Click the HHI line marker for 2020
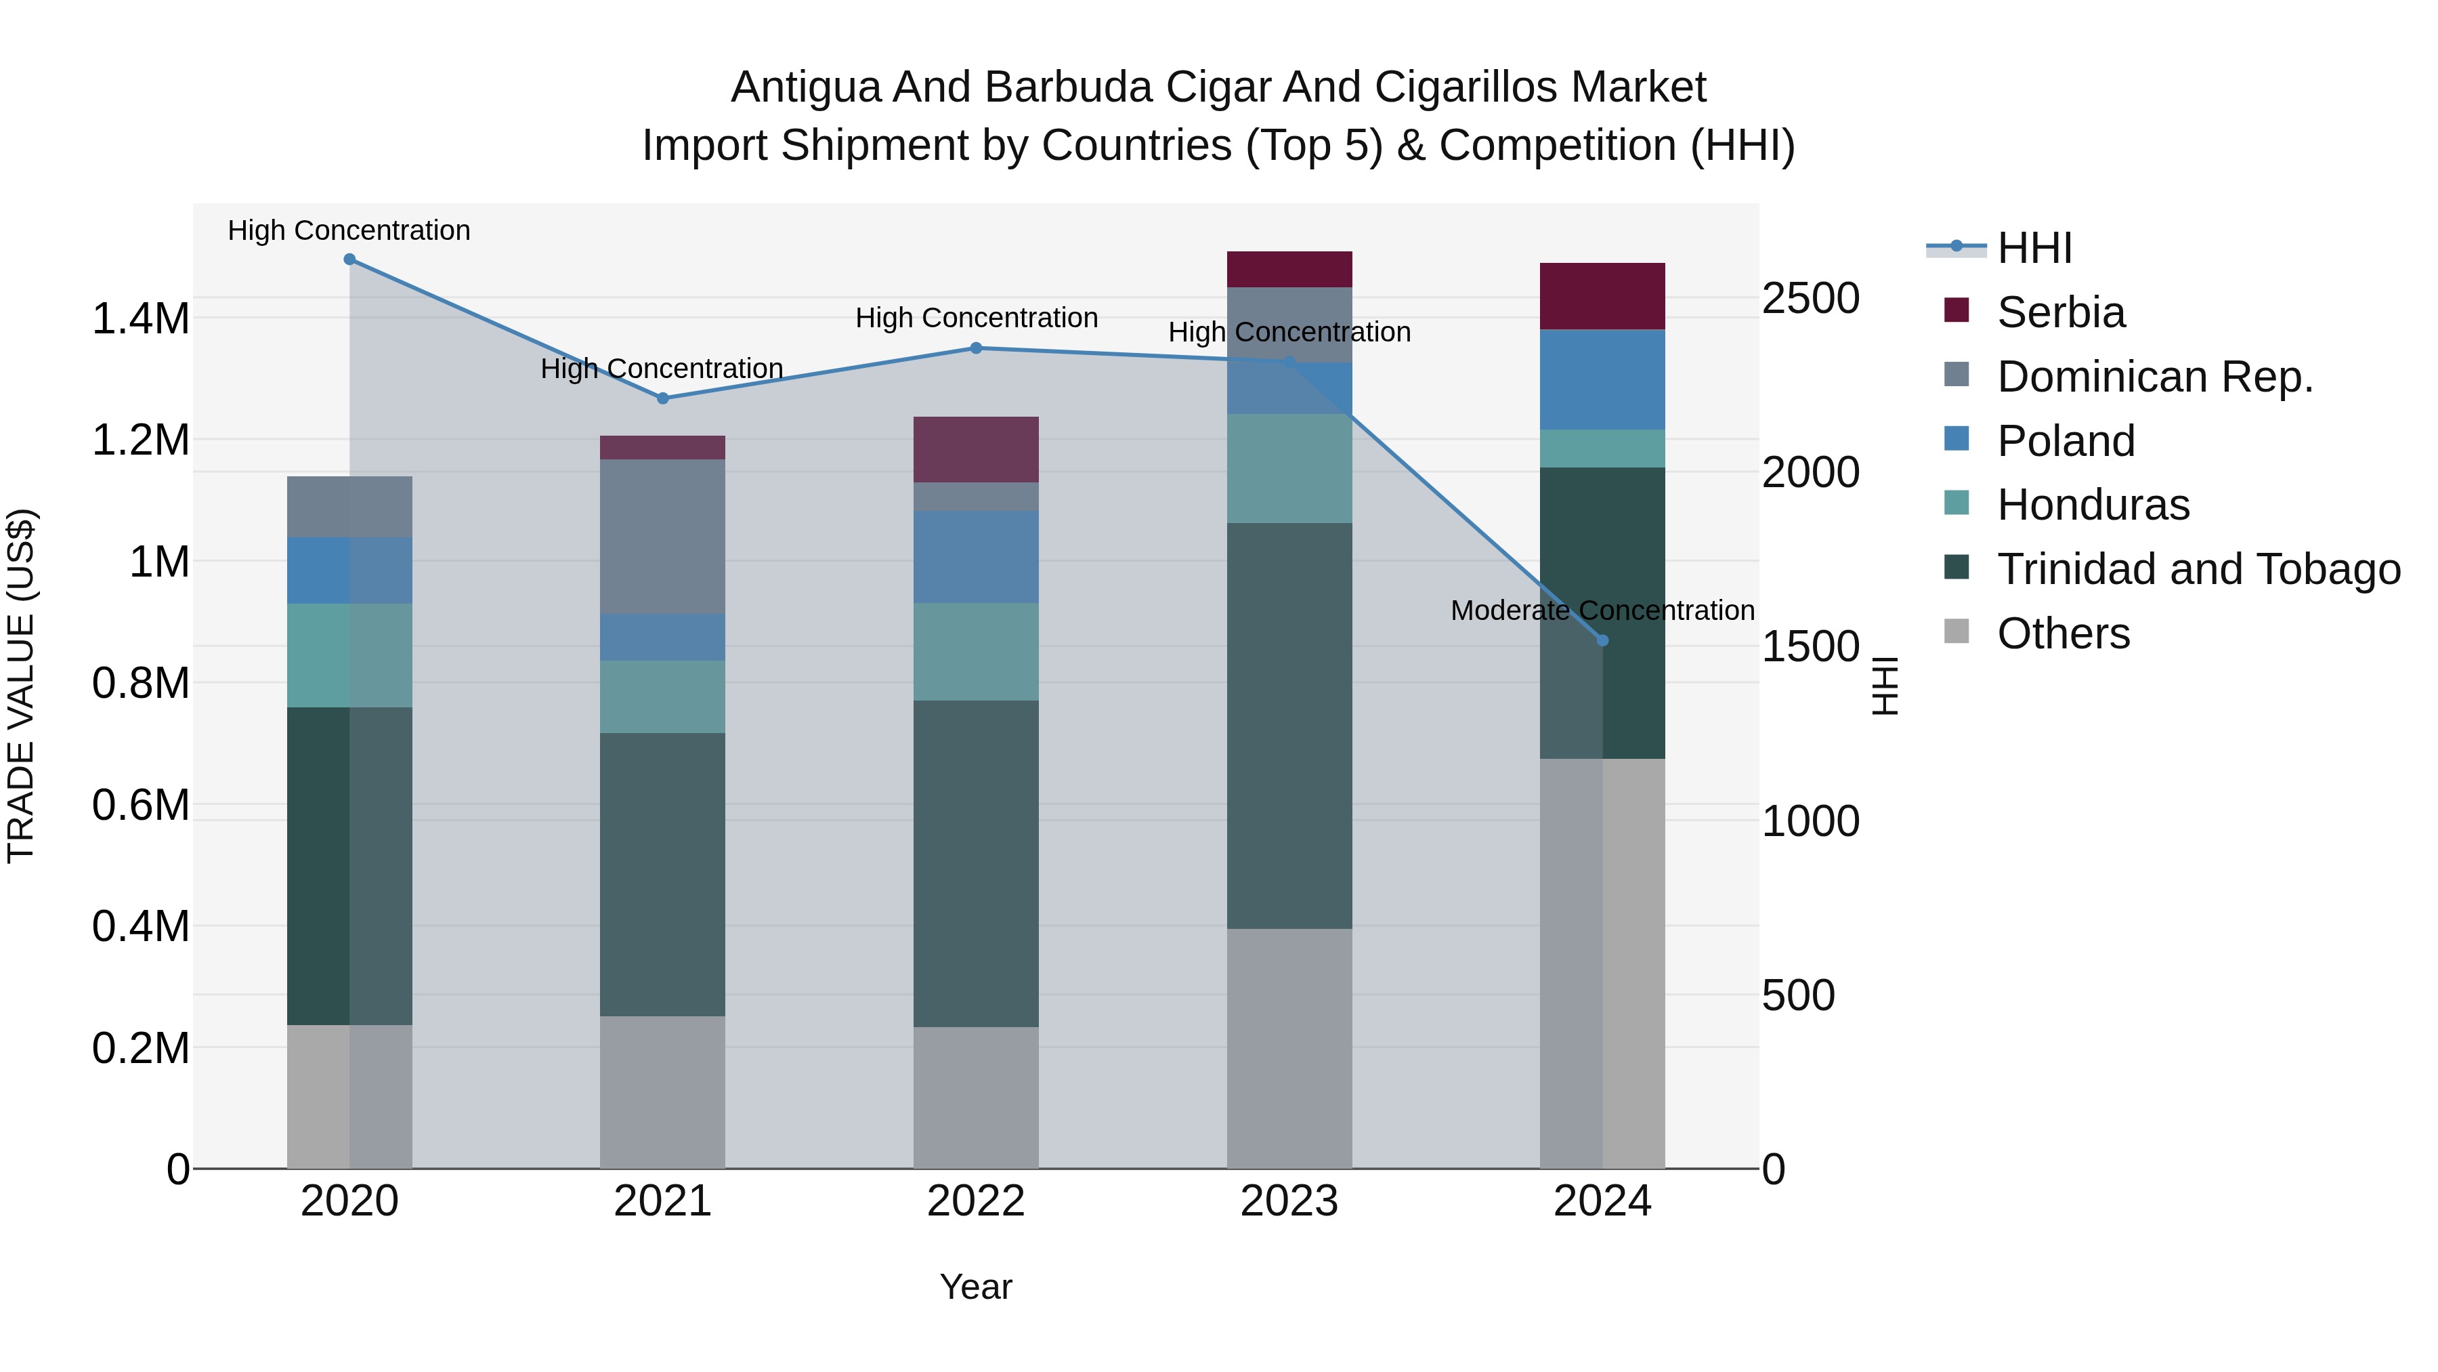(x=349, y=259)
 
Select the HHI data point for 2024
(x=1602, y=640)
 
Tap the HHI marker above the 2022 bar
(x=976, y=348)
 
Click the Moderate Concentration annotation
(x=1602, y=610)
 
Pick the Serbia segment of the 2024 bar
(x=1602, y=296)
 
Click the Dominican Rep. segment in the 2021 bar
(x=662, y=536)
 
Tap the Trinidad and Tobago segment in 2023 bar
(x=1289, y=725)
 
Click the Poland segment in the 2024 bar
(x=1602, y=379)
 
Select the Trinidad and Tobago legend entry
(x=2198, y=569)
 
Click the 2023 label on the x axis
(x=1289, y=1201)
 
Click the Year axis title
(x=976, y=1287)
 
